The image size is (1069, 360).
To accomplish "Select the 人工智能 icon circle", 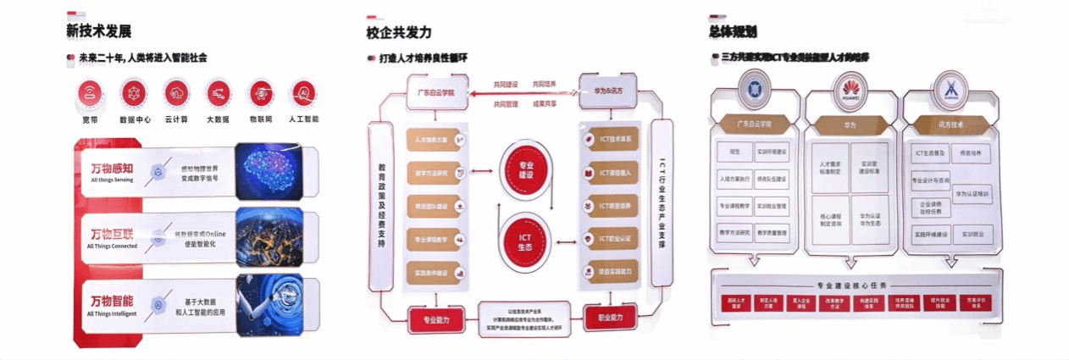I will [x=302, y=91].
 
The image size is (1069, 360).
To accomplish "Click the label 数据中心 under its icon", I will [x=136, y=119].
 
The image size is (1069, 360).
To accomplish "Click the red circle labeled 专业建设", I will [x=526, y=167].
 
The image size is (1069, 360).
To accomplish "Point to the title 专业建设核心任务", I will [x=855, y=285].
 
